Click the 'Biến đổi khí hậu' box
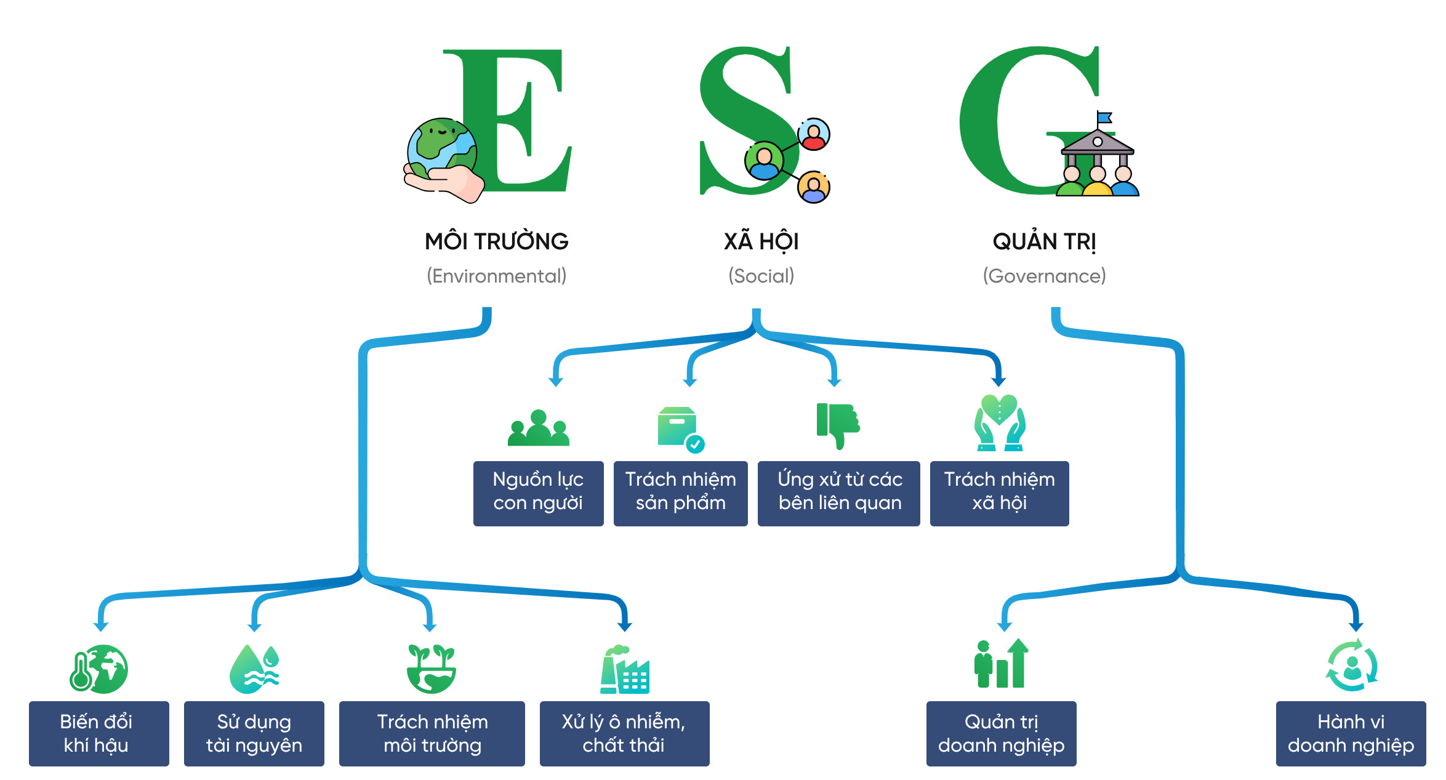(x=98, y=733)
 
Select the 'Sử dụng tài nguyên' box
(x=254, y=733)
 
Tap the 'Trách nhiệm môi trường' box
(x=432, y=733)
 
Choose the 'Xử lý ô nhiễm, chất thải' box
(x=624, y=733)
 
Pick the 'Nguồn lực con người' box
(x=538, y=493)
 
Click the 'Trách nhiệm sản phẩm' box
(x=680, y=493)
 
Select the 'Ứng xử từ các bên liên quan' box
(x=838, y=493)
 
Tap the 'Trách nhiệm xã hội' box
(x=999, y=493)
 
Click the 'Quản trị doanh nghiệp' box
(x=1001, y=733)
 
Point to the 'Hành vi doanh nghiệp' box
(x=1351, y=733)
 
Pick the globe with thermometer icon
(x=98, y=669)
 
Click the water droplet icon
(x=254, y=669)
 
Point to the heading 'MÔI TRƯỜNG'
(x=496, y=241)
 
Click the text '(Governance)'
(x=1044, y=276)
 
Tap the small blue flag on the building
(x=1105, y=117)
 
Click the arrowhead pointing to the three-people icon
(x=556, y=382)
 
